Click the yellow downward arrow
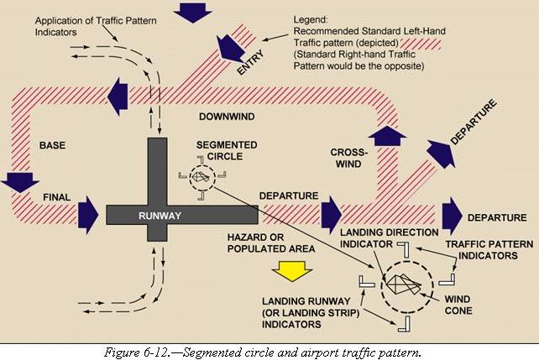[291, 270]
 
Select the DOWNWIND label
[223, 115]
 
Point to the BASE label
[52, 145]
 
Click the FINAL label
[55, 199]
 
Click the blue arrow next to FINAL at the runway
[87, 215]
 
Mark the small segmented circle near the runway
[201, 177]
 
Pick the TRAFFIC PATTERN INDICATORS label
[480, 249]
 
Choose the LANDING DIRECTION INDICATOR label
[390, 237]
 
